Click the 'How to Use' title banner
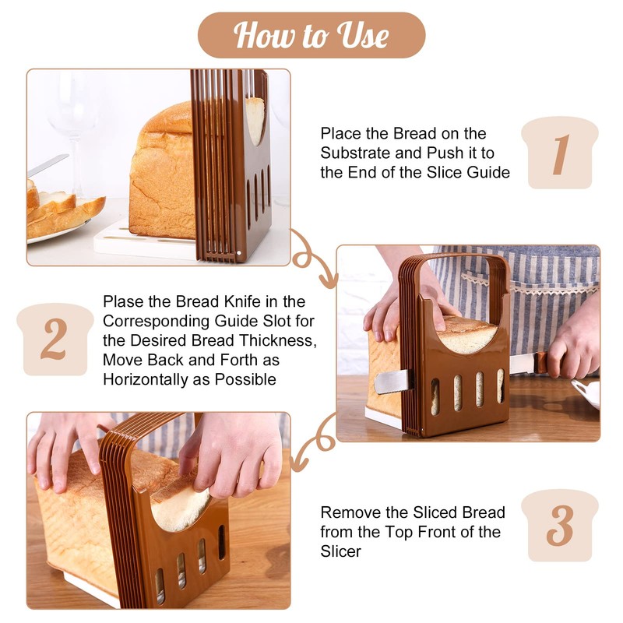click(311, 35)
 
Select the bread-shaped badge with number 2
click(54, 340)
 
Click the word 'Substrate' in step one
click(355, 153)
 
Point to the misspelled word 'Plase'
click(122, 301)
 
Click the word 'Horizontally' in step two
click(144, 379)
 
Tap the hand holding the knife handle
click(572, 347)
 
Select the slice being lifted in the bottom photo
click(179, 498)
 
